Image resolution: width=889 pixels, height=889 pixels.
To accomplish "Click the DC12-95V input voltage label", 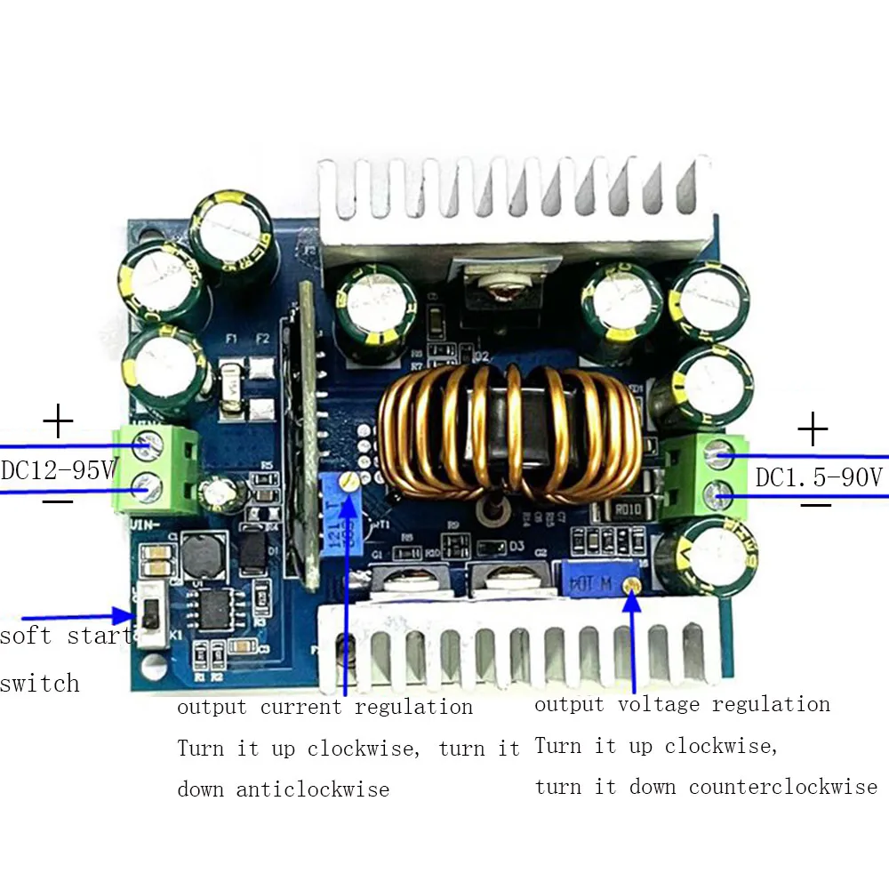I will [x=58, y=469].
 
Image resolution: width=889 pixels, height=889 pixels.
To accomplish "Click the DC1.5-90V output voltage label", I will [x=819, y=477].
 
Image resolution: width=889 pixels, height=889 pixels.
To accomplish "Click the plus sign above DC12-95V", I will [x=59, y=420].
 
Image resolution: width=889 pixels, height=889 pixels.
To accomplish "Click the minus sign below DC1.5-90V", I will [x=814, y=505].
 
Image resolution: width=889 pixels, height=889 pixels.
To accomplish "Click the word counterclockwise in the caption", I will [x=783, y=787].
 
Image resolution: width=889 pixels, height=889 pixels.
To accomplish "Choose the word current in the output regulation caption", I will [x=300, y=708].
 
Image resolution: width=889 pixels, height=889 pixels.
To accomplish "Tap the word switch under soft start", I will [x=40, y=684].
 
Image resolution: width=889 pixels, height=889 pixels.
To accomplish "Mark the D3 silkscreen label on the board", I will [x=517, y=545].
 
